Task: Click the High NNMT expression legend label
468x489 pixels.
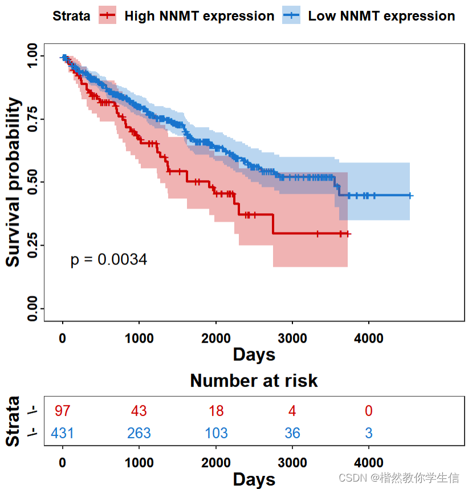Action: [x=199, y=16]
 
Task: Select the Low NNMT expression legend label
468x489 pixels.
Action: [x=381, y=16]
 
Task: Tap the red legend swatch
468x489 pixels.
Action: [x=108, y=16]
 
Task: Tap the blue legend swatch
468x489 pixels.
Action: [x=291, y=16]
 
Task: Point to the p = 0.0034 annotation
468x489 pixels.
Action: [x=108, y=260]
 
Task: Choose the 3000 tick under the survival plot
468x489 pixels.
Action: [x=292, y=338]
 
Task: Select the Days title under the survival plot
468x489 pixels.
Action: [x=254, y=355]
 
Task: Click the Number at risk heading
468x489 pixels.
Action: [x=254, y=381]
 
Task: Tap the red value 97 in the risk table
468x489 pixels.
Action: [x=62, y=411]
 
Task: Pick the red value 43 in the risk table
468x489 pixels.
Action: [x=139, y=411]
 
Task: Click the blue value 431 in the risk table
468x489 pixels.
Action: [x=62, y=433]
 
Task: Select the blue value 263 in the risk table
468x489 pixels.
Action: [x=139, y=433]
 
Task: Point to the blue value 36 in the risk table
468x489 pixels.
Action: [x=292, y=433]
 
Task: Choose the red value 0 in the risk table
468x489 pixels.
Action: [x=369, y=411]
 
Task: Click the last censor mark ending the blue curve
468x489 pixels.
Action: [x=410, y=195]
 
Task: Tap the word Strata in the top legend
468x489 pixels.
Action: [x=71, y=16]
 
